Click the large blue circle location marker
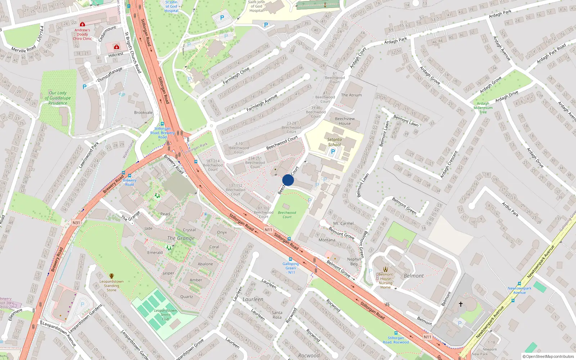coord(288,180)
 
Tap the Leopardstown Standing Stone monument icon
coord(112,276)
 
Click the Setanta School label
coord(334,142)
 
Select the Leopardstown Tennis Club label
coord(165,315)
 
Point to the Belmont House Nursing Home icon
coord(386,269)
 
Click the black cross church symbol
coord(460,304)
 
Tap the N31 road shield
coord(76,223)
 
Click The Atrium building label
coord(351,95)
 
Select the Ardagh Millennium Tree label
coord(483,108)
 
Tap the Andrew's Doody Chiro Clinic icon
coord(82,24)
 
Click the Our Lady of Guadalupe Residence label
coord(58,98)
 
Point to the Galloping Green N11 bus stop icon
coord(291,259)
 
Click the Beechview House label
coord(345,121)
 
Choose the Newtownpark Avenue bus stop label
coord(519,290)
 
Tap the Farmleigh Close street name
coord(236,76)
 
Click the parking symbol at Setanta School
coord(333,152)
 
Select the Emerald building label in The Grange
coord(155,252)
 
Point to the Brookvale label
coord(143,112)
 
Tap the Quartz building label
coord(186,297)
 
